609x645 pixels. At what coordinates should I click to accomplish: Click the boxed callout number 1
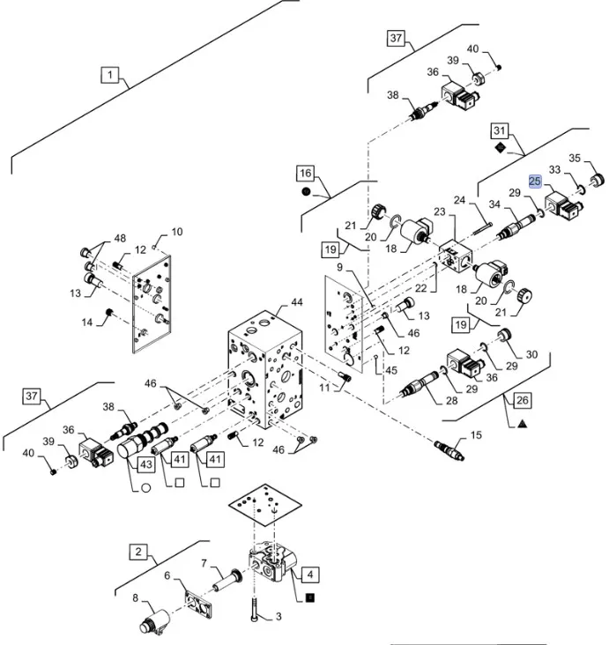coord(110,76)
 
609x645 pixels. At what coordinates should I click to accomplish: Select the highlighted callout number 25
coord(535,181)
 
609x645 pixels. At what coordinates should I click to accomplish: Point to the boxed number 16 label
coord(305,173)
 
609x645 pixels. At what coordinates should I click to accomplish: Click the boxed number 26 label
coord(523,401)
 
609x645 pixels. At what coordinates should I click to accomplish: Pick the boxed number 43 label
coord(145,463)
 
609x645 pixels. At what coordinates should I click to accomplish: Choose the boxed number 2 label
coord(138,552)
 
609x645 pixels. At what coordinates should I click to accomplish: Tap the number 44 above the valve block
coord(297,302)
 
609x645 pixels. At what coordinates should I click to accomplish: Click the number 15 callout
coord(477,434)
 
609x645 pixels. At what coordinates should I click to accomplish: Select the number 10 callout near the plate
coord(177,232)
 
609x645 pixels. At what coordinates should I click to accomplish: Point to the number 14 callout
coord(87,322)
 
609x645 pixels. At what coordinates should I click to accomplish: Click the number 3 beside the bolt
coord(278,616)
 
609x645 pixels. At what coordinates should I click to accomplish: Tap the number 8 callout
coord(136,599)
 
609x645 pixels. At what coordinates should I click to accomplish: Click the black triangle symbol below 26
coord(523,424)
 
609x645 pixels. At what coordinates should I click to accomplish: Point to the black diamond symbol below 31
coord(501,150)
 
